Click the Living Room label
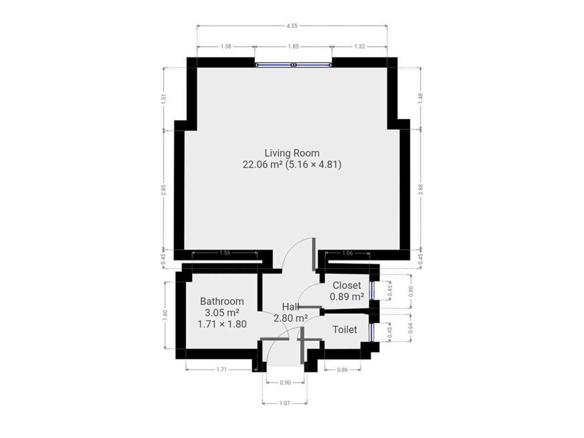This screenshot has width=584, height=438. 292,153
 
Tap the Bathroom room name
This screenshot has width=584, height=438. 222,301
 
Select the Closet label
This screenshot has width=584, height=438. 347,285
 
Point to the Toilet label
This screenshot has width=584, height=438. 345,330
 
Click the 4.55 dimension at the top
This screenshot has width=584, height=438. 292,26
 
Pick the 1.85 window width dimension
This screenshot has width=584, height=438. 293,47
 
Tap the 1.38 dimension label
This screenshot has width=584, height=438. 226,47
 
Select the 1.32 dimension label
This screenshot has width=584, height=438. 360,47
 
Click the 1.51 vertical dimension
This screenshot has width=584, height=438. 164,99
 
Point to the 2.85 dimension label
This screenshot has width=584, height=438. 164,190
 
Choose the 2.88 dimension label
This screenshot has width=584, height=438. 420,189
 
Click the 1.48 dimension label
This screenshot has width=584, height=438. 420,98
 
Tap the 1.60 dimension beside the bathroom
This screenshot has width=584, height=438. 165,315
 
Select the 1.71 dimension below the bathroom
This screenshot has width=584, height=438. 221,369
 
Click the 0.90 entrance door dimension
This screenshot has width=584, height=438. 285,383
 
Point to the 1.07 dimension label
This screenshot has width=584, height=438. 284,403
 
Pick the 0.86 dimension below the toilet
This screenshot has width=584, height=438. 343,370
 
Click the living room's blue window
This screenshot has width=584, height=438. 293,65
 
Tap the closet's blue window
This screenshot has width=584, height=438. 372,291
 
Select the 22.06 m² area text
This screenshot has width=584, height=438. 262,164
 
